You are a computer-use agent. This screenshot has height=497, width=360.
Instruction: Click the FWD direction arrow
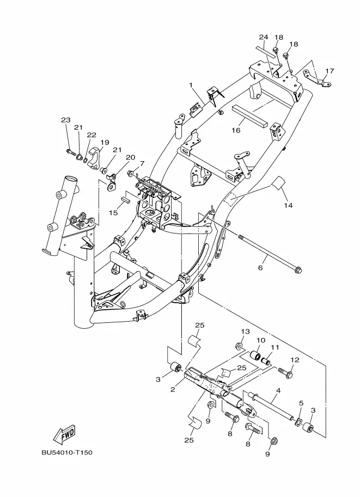point(64,434)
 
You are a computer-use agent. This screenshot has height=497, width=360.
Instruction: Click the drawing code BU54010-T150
point(67,452)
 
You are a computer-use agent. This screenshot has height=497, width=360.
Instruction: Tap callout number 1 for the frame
point(191,85)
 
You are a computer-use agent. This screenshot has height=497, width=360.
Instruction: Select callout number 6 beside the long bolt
point(260,268)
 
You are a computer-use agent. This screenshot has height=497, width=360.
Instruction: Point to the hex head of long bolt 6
point(297,270)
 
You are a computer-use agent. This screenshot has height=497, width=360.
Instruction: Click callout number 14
point(288,205)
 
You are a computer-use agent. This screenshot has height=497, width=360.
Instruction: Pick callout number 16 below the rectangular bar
point(236,130)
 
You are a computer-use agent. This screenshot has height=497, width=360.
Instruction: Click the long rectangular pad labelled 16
point(249,116)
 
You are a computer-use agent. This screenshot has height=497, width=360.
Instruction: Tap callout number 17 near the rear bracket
point(330,71)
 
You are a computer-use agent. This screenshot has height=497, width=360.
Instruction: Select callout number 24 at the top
point(264,37)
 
